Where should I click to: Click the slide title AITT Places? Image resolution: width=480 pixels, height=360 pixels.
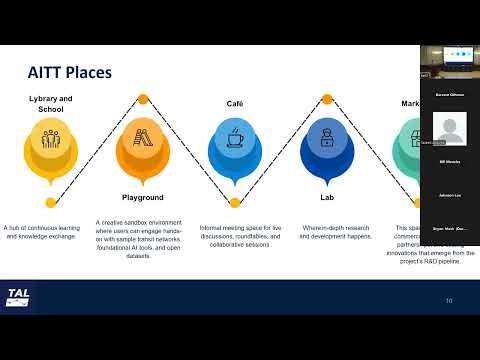[68, 72]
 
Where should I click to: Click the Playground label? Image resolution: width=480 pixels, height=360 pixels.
[142, 198]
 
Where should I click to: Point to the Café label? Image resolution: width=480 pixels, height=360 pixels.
[235, 104]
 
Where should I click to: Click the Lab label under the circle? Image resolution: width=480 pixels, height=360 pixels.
[327, 198]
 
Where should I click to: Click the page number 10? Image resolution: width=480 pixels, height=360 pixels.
[449, 300]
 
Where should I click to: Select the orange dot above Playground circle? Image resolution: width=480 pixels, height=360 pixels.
[142, 99]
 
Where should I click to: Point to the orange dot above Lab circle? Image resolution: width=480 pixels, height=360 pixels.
[327, 99]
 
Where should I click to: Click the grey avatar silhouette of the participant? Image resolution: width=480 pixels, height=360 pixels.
[449, 127]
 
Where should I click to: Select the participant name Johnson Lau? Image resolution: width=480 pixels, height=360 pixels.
[449, 195]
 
